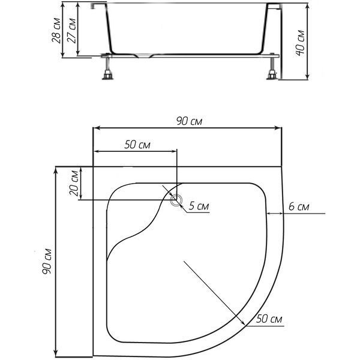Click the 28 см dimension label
(x=56, y=31)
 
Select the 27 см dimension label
(x=71, y=31)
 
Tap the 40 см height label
(x=300, y=43)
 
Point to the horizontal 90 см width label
(x=189, y=121)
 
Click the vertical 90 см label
(x=47, y=261)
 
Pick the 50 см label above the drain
(x=137, y=145)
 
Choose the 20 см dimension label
(x=74, y=183)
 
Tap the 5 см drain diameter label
(x=199, y=206)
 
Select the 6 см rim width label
(x=299, y=206)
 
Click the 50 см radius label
(x=269, y=319)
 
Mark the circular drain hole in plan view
(x=176, y=200)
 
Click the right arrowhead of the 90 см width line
(x=278, y=128)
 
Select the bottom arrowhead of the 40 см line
(x=307, y=76)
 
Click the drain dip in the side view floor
(x=144, y=56)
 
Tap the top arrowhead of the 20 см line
(x=81, y=170)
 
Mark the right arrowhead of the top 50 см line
(x=173, y=151)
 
